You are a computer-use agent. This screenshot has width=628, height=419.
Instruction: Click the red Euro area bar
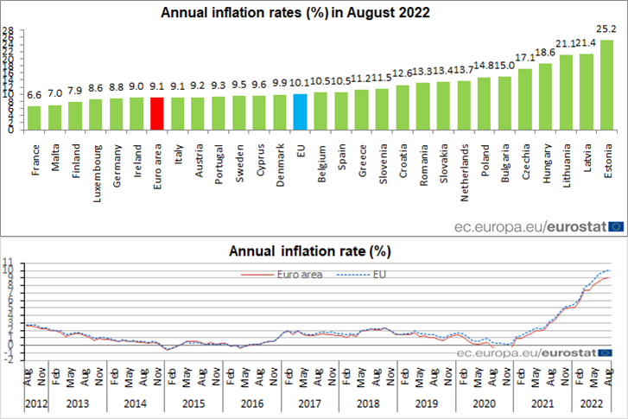pos(157,113)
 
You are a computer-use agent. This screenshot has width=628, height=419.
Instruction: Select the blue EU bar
pos(299,111)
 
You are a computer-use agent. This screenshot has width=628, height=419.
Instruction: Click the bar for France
pos(35,118)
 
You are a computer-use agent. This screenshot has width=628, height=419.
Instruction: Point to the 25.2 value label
pos(607,29)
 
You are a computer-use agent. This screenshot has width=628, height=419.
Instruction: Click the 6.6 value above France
pos(35,95)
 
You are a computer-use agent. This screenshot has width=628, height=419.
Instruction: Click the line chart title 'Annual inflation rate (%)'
pos(310,251)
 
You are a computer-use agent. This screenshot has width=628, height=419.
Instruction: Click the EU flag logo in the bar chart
pos(616,227)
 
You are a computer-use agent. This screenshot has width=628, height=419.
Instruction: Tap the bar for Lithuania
pos(567,92)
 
